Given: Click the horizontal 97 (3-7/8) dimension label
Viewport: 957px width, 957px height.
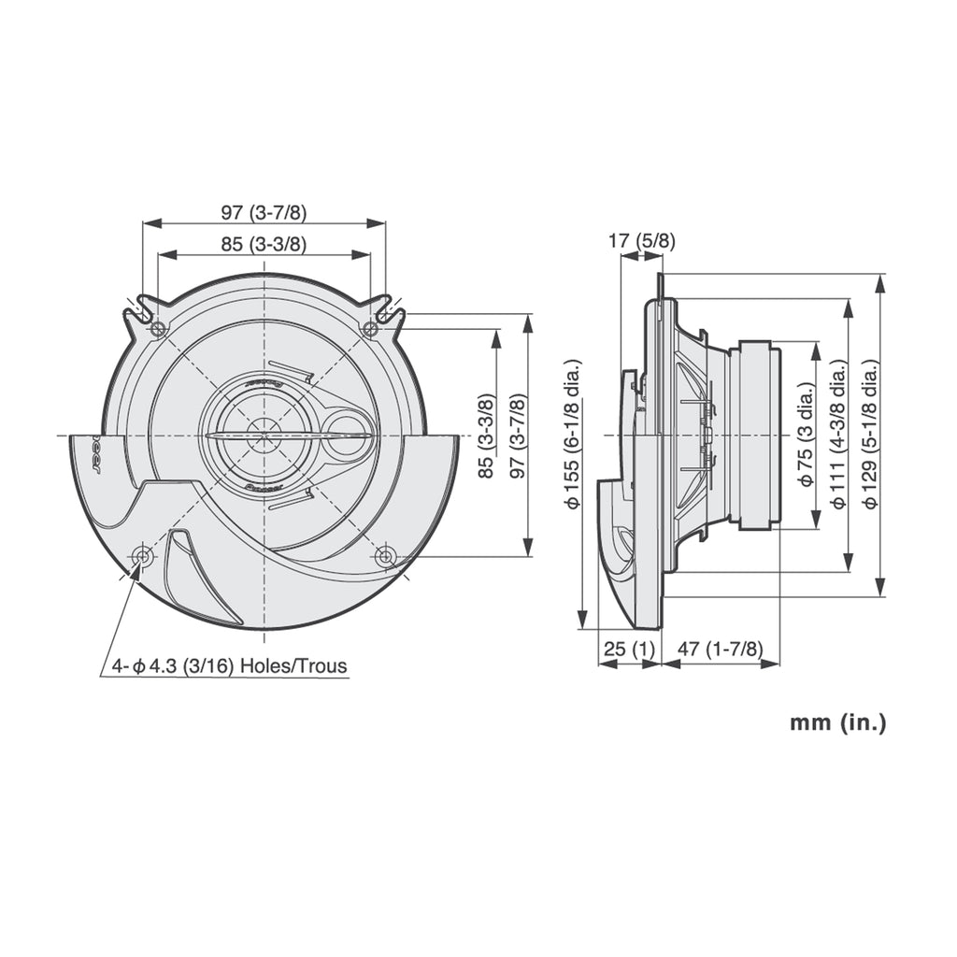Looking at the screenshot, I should (x=264, y=212).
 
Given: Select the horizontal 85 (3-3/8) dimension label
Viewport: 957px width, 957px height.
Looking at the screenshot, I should (x=264, y=244).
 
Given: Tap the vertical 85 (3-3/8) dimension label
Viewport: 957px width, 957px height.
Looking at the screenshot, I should (x=485, y=436).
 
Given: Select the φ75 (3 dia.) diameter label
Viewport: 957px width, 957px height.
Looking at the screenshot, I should (x=806, y=435).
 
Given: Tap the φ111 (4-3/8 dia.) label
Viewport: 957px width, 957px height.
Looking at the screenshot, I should (x=838, y=435).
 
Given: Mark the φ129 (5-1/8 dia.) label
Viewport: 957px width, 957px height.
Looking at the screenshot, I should (x=870, y=435).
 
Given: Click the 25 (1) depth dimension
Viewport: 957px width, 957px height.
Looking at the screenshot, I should (x=628, y=648).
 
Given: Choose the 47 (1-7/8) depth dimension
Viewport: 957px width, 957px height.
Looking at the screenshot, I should (x=720, y=648).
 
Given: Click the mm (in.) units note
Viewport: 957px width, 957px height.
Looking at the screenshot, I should (x=837, y=721).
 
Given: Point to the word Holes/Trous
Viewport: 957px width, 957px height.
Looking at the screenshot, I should (x=293, y=666).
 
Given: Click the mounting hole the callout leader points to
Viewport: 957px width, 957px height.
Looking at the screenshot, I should (x=143, y=557).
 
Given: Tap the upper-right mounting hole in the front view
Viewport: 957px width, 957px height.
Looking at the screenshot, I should (x=370, y=328).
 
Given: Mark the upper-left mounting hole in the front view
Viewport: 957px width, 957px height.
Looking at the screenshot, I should (x=158, y=328).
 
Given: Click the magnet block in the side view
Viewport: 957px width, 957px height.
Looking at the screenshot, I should (x=755, y=436).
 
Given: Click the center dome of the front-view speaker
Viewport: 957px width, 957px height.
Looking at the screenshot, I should (x=264, y=436).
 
